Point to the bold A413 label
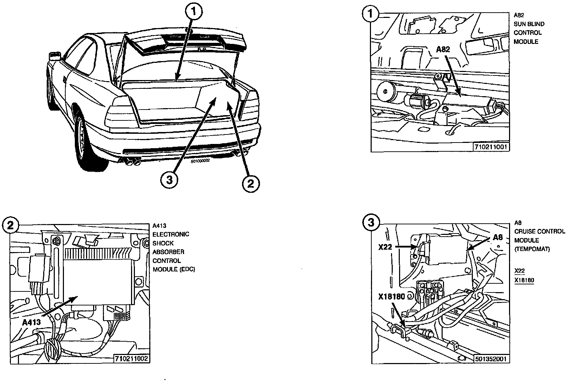(31, 322)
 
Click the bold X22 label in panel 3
(385, 247)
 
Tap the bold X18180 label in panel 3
(392, 297)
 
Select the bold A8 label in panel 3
(498, 237)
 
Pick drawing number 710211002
(131, 358)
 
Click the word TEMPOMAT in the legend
(532, 249)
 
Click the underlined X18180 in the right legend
(524, 280)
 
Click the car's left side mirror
(55, 56)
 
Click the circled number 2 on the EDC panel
(10, 225)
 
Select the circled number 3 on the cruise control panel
(371, 222)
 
